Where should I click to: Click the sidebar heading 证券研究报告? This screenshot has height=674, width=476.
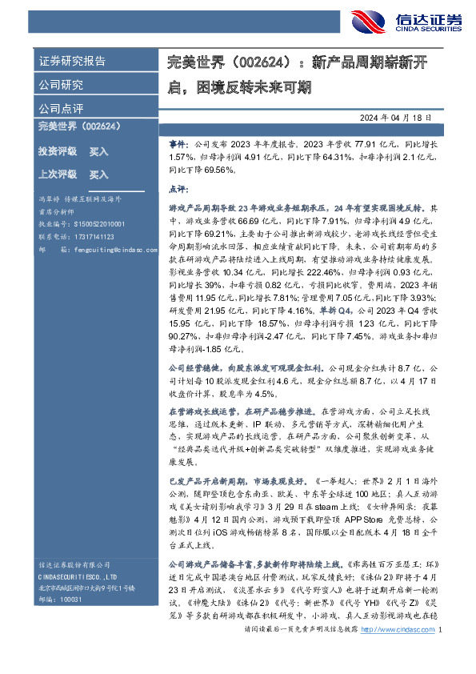point(72,62)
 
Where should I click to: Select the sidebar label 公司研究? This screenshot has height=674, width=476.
point(61,85)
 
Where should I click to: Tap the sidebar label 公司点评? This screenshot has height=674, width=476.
point(61,108)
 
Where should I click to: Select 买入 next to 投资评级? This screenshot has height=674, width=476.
point(98,150)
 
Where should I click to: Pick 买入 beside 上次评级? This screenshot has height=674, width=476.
point(98,174)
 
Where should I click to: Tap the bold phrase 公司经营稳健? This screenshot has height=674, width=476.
point(196,368)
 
